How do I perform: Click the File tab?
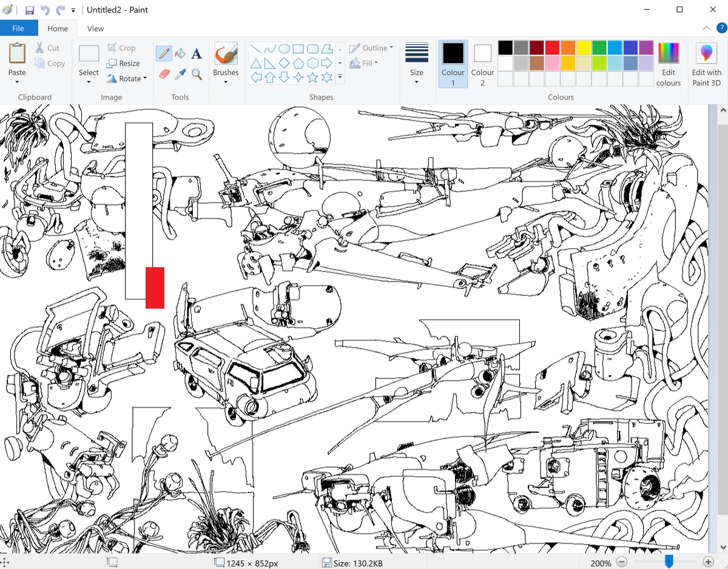click(x=18, y=29)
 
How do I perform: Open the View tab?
click(x=95, y=29)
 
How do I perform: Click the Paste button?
click(x=17, y=61)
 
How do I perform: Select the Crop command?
click(x=121, y=48)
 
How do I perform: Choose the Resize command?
click(x=123, y=63)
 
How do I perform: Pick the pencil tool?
click(x=163, y=53)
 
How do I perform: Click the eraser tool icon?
click(x=164, y=74)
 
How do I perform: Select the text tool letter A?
click(x=197, y=54)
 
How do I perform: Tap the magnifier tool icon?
click(x=197, y=74)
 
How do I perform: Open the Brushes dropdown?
click(x=226, y=64)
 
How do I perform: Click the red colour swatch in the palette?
click(x=552, y=48)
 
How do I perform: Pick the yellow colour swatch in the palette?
click(x=584, y=48)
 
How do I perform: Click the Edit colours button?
click(x=668, y=64)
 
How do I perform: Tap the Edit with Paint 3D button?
click(x=706, y=64)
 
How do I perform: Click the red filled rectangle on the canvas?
click(x=155, y=288)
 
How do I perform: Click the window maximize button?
click(x=679, y=10)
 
